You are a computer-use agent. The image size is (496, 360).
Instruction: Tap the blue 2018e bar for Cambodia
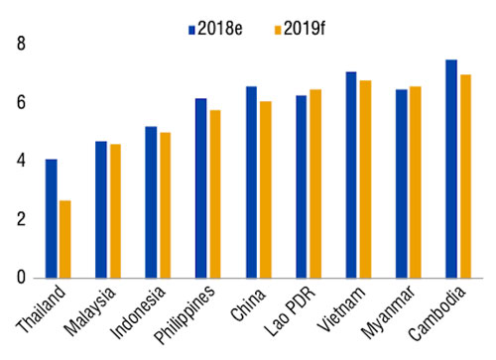(451, 169)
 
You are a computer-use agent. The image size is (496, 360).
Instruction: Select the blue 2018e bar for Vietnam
(351, 175)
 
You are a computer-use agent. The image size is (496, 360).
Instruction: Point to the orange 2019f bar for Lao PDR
(314, 183)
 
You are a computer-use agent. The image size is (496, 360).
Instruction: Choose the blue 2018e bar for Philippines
(201, 188)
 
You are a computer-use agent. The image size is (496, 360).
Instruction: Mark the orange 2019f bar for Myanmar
(415, 181)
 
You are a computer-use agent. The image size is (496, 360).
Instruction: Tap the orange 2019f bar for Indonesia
(165, 205)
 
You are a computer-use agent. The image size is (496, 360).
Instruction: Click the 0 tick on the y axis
(20, 278)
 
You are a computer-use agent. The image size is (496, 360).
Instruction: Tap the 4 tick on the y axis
(20, 161)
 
